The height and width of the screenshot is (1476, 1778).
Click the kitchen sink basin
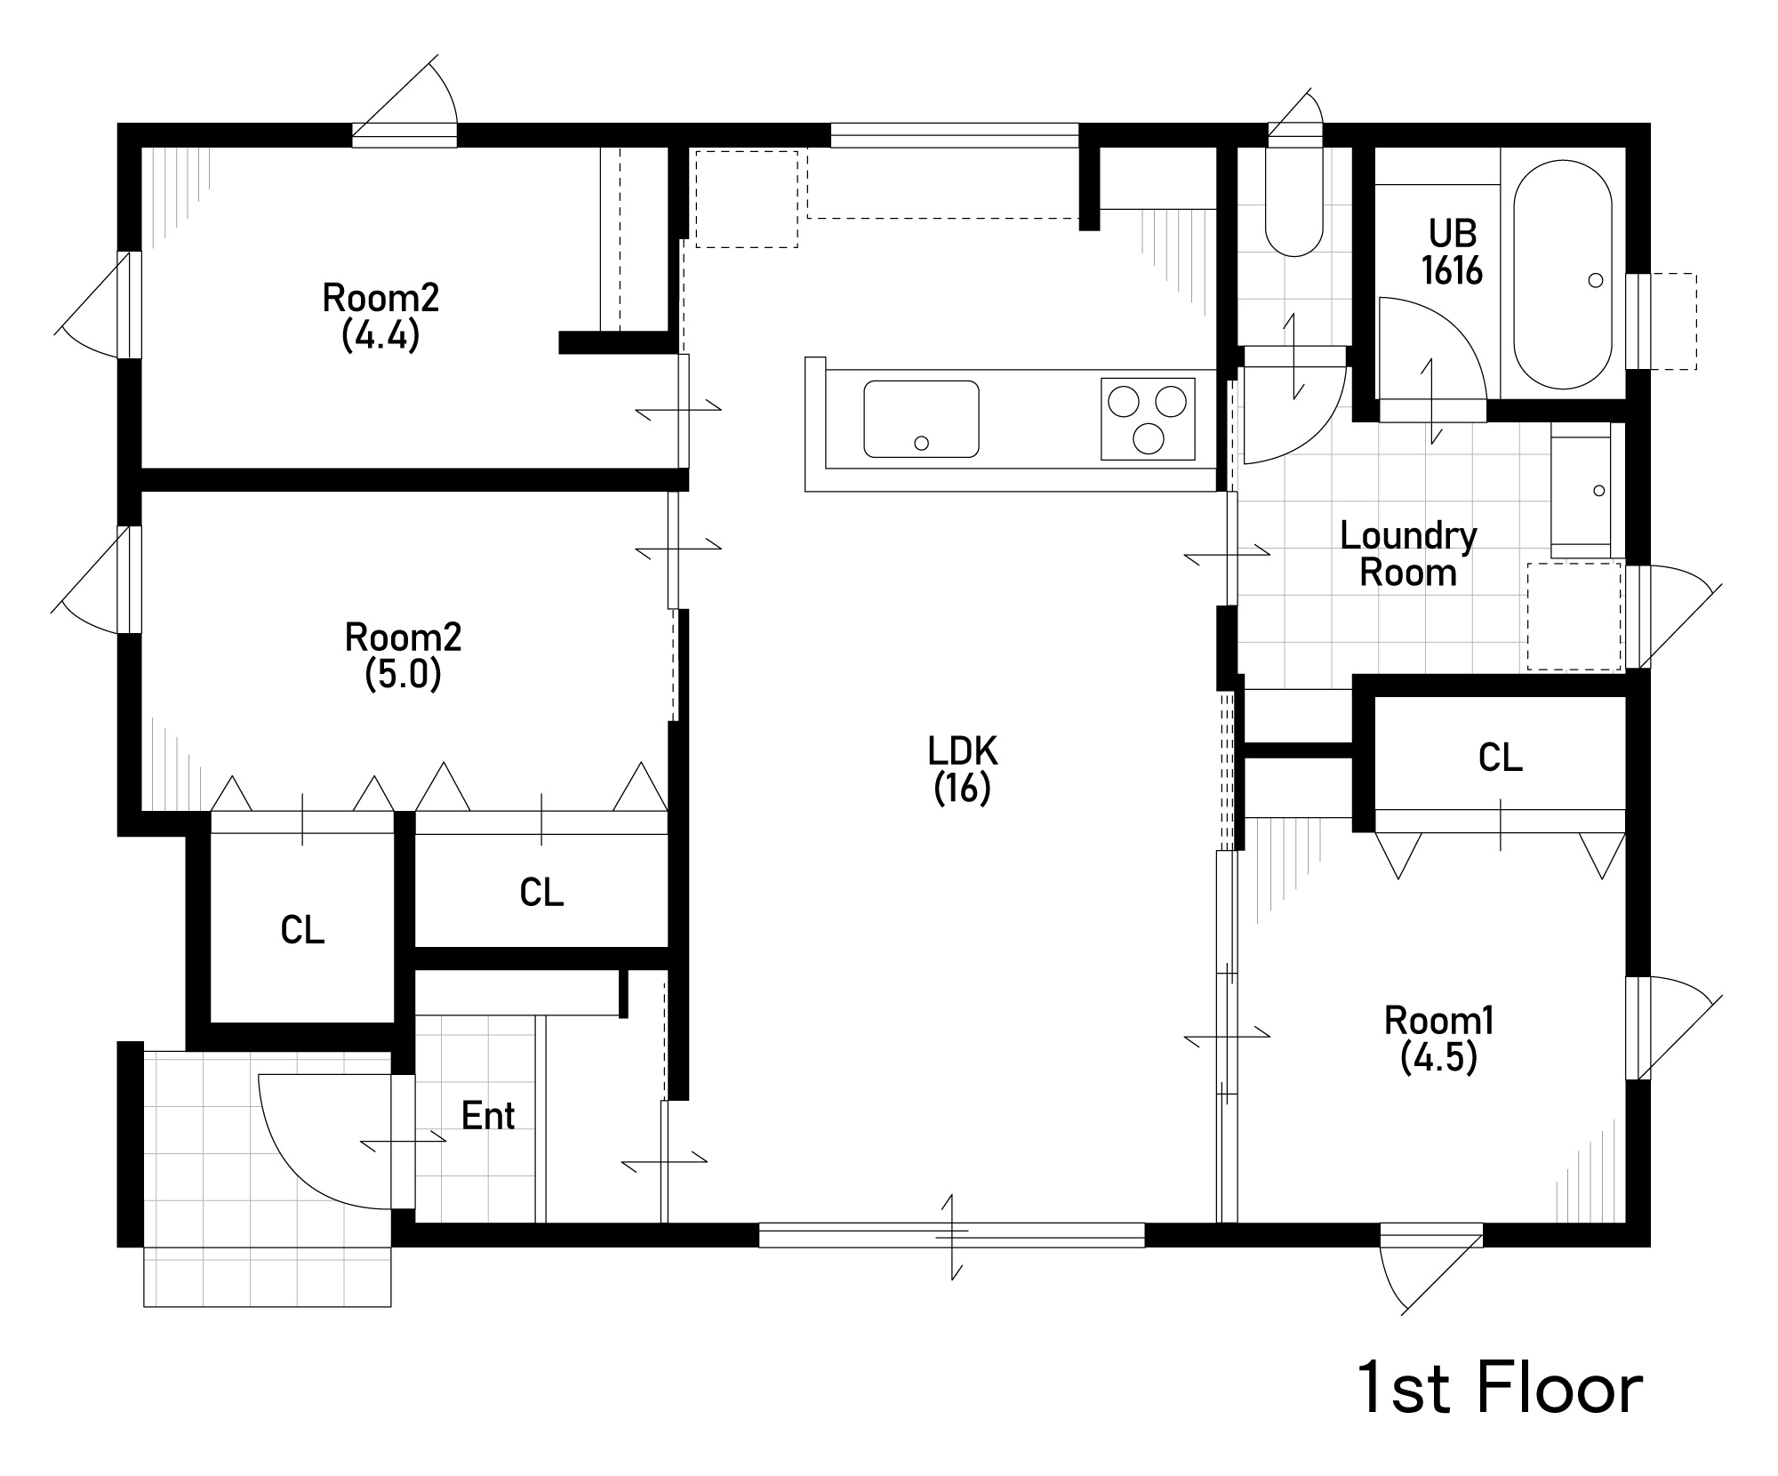point(921,419)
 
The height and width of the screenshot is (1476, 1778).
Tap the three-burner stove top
point(1148,419)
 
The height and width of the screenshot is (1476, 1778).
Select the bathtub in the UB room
point(1562,275)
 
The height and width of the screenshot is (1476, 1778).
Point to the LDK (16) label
point(963,770)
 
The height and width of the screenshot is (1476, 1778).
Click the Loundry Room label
point(1408,554)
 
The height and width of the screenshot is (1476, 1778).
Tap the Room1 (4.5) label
point(1439,1039)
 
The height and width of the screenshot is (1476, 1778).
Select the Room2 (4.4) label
point(380,316)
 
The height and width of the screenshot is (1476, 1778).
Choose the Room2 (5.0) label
point(403,656)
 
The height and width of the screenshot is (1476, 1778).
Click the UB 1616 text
point(1453,252)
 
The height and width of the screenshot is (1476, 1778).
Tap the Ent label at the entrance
point(488,1116)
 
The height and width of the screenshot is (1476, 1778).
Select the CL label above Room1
point(1501,758)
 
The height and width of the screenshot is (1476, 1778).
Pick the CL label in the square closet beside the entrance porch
point(302,930)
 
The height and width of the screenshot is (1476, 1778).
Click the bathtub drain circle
point(1595,280)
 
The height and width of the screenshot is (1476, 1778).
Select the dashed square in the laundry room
point(1574,615)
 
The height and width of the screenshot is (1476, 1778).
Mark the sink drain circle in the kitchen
point(922,443)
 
